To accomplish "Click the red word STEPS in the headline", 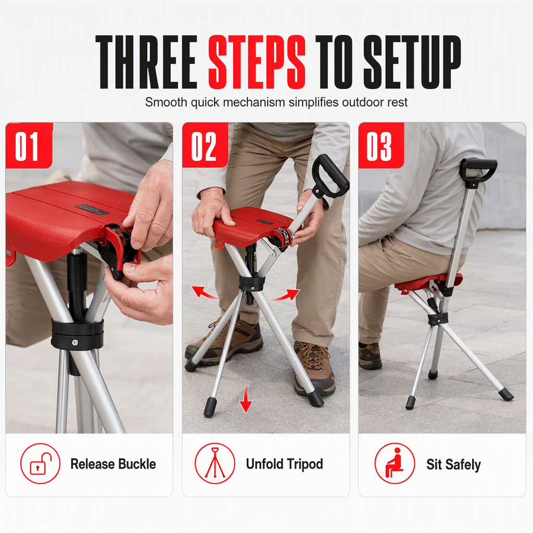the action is tap(257, 62).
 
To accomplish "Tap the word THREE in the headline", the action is tap(146, 62).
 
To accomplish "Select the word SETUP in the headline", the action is tap(412, 62).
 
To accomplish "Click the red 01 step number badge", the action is tap(29, 145).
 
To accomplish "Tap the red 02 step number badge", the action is tap(205, 145).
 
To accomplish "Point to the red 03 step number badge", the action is tap(381, 145).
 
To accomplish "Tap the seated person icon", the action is tap(395, 463).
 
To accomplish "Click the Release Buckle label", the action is tap(113, 464).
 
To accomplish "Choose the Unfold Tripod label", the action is tap(285, 464).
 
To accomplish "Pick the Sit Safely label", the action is tap(454, 465).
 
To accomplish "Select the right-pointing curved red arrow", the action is tap(287, 295).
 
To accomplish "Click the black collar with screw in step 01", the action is tap(77, 334).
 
